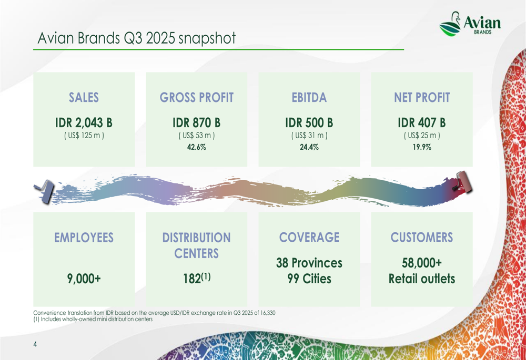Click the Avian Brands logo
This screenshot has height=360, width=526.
469,25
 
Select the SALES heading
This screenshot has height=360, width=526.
84,97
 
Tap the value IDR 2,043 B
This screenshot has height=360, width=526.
84,122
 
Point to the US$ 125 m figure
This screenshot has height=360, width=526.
84,136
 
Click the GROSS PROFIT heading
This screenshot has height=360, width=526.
196,97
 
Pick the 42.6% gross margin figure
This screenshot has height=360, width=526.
196,147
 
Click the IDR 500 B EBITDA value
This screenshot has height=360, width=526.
309,122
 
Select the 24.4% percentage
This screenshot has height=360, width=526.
309,147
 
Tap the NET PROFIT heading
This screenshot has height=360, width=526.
422,97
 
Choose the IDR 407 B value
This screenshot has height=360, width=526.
422,122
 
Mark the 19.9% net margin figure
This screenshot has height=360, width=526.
422,147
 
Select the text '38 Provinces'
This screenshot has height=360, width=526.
309,262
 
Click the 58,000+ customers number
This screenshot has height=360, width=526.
422,262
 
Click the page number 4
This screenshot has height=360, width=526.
35,344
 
